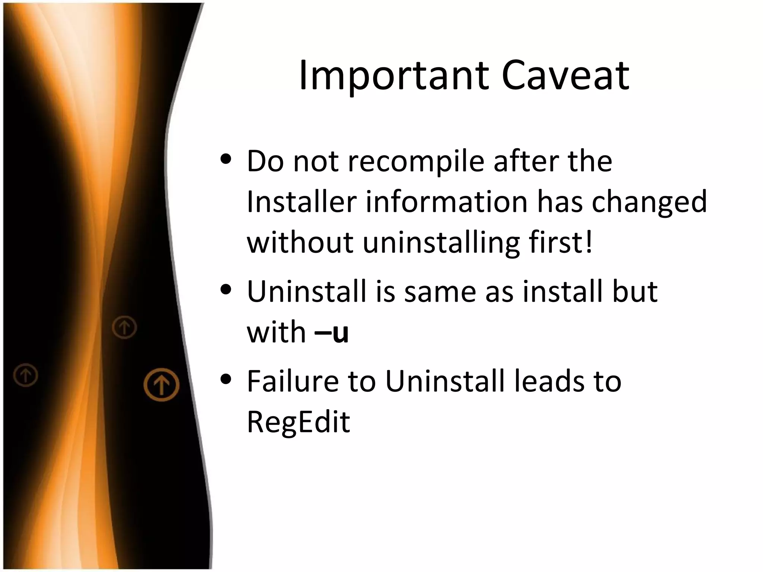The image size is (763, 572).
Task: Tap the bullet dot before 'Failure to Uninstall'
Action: [x=226, y=379]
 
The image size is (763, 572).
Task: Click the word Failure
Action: [x=292, y=381]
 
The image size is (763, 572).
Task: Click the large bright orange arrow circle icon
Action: [x=161, y=385]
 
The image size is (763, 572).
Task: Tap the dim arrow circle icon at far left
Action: [x=26, y=375]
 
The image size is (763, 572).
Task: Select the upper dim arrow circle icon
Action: [x=124, y=327]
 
